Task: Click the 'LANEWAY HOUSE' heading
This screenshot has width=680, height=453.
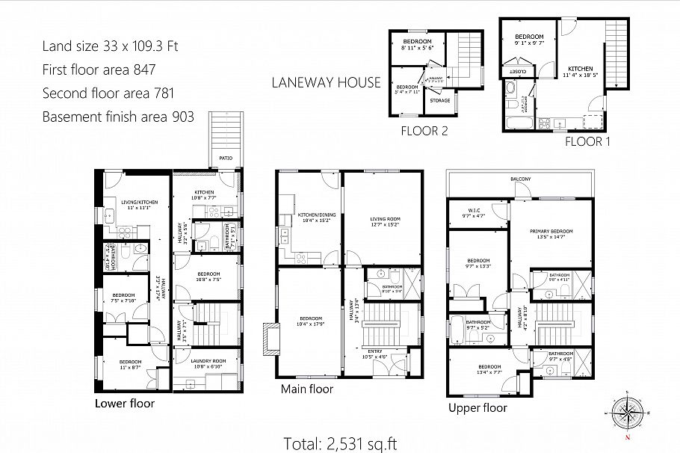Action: (326, 82)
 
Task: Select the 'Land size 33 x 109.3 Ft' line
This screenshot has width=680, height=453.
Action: (110, 46)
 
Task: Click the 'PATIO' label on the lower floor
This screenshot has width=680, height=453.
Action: (225, 158)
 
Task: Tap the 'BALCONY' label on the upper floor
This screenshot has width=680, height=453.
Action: (521, 179)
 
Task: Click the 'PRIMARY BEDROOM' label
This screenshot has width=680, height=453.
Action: (551, 231)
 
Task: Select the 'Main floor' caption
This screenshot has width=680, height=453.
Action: (306, 389)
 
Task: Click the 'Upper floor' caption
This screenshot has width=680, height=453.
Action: (477, 407)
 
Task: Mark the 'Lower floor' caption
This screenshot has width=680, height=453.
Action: (125, 403)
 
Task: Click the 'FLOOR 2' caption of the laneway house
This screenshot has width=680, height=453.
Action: (424, 132)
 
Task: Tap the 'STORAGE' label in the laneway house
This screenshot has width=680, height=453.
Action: (440, 99)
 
